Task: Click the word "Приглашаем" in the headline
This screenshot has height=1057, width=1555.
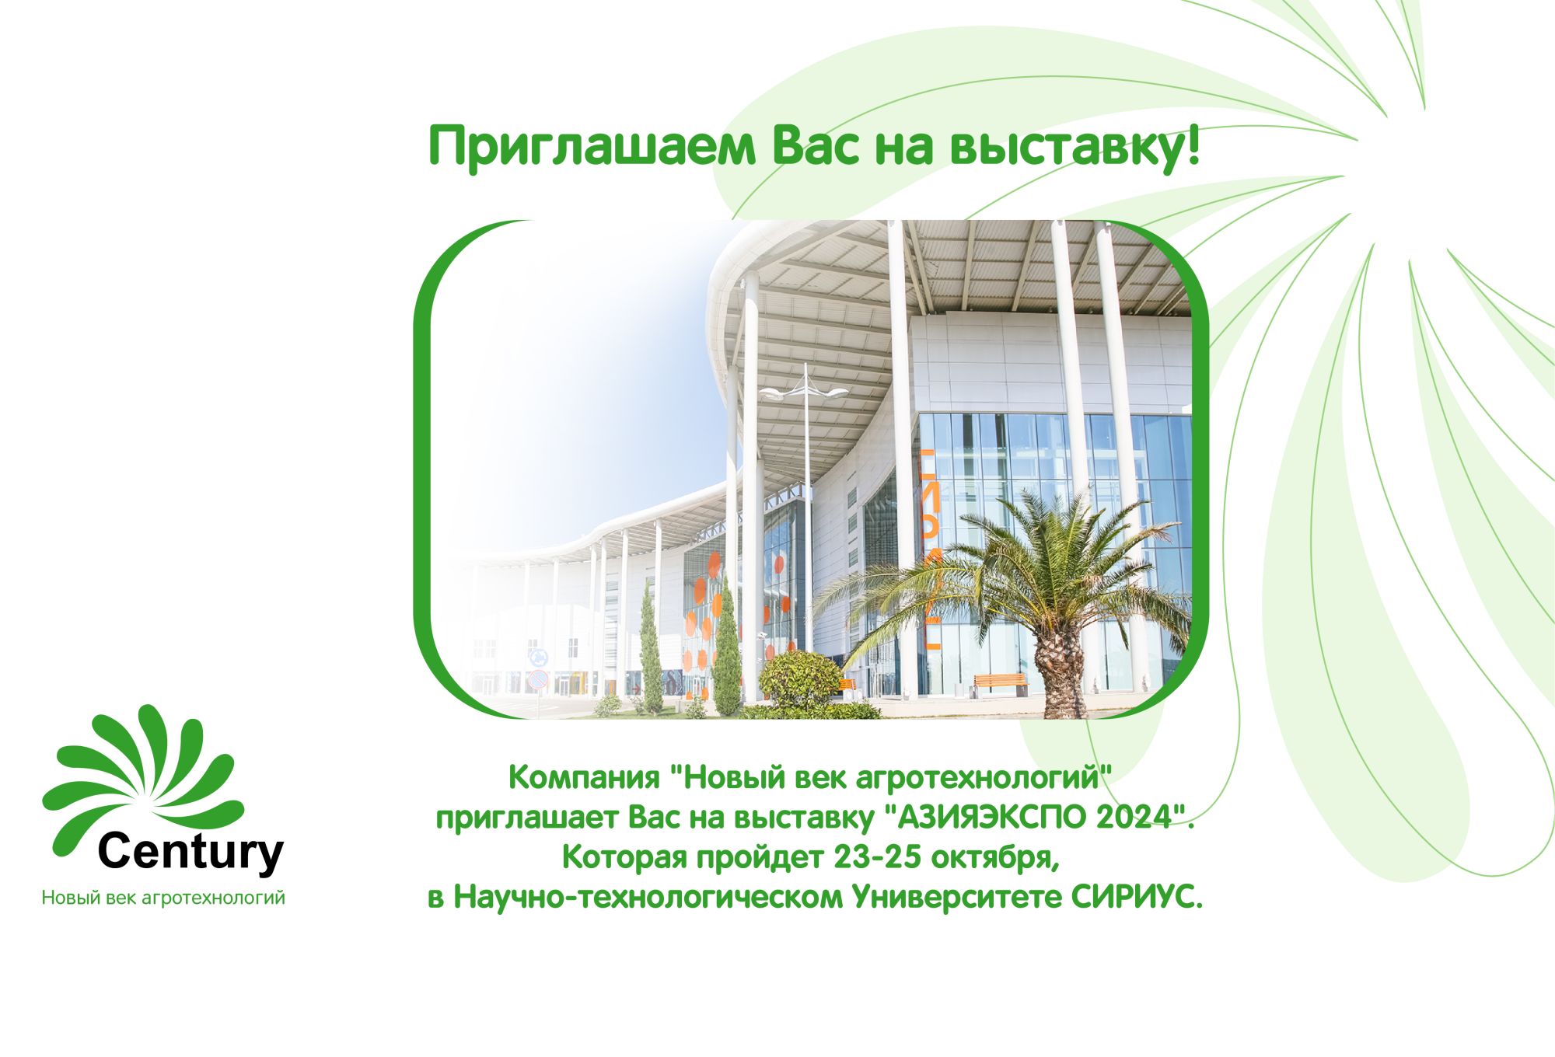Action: (592, 148)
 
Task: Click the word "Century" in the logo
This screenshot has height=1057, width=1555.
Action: (191, 853)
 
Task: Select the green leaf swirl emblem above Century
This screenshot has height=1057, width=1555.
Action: (143, 777)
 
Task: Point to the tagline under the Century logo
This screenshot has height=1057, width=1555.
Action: (163, 898)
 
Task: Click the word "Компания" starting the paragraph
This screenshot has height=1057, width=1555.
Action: (585, 778)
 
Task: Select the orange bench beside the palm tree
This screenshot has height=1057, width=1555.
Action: (1000, 682)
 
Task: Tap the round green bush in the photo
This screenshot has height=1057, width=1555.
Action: (800, 679)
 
